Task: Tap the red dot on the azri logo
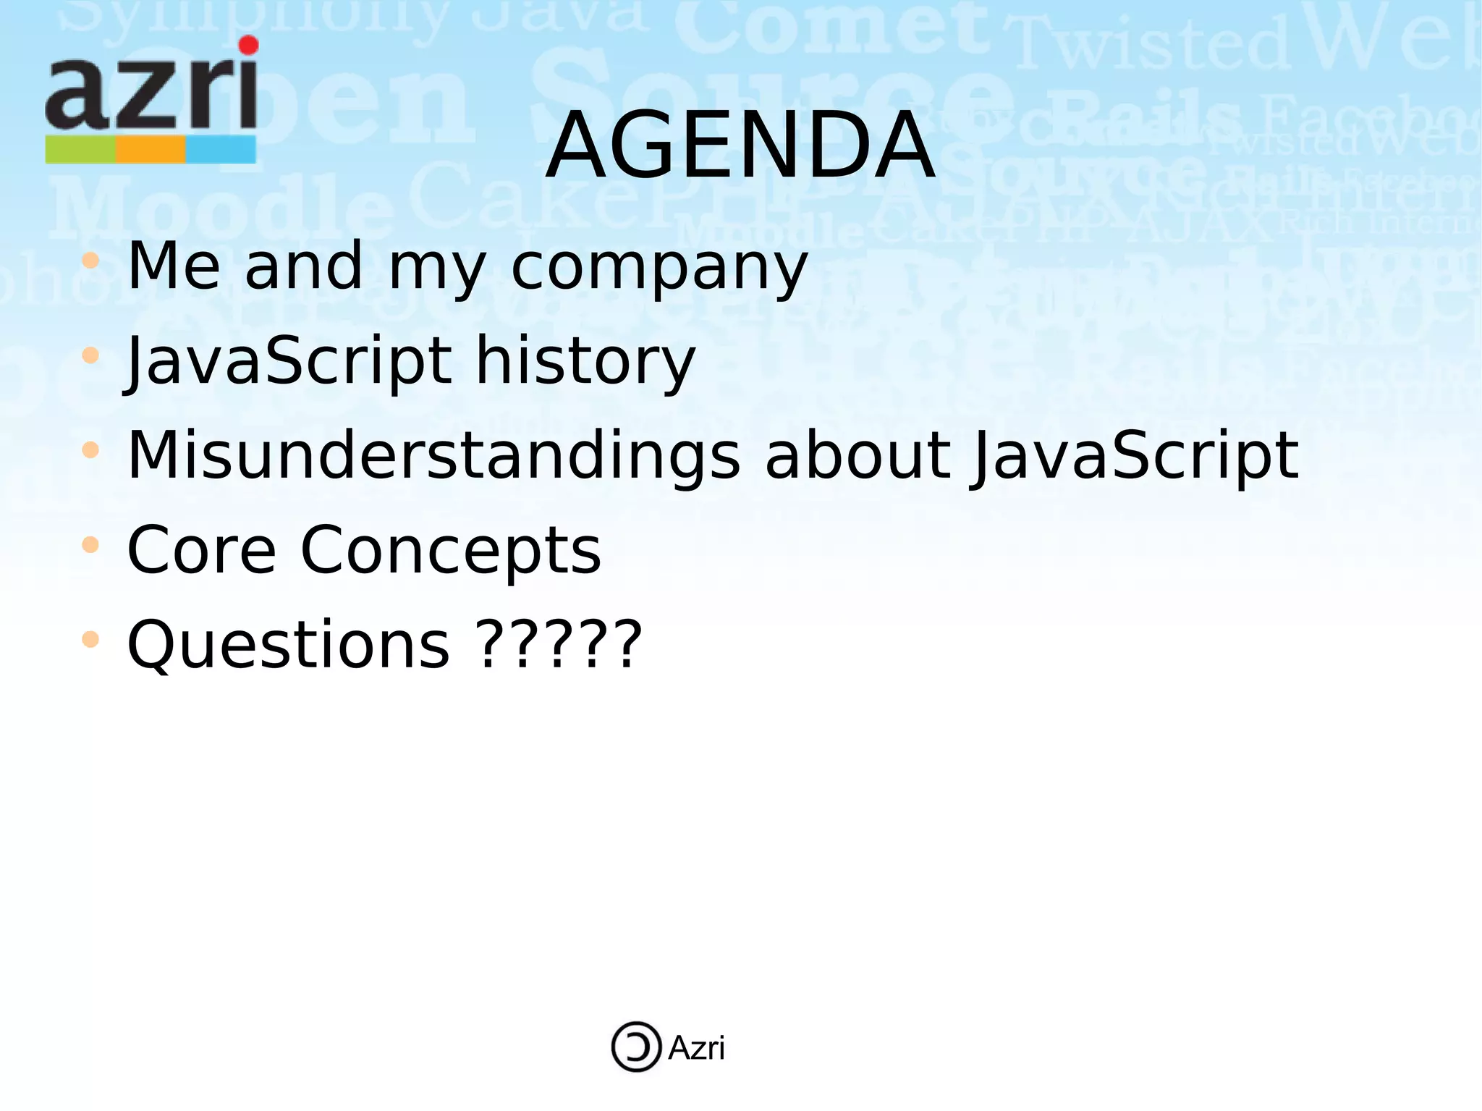click(x=248, y=46)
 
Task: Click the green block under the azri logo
click(x=80, y=150)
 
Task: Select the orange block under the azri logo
click(x=151, y=150)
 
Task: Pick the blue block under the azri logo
click(x=221, y=150)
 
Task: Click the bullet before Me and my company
click(x=90, y=261)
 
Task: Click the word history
click(x=585, y=360)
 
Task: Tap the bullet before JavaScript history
click(x=90, y=355)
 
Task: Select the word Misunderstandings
click(x=433, y=456)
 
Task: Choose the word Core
click(x=201, y=550)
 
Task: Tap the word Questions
click(x=288, y=645)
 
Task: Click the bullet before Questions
click(x=90, y=639)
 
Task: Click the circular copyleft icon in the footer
click(x=636, y=1047)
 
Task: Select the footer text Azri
click(x=696, y=1048)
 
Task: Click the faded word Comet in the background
click(x=832, y=29)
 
